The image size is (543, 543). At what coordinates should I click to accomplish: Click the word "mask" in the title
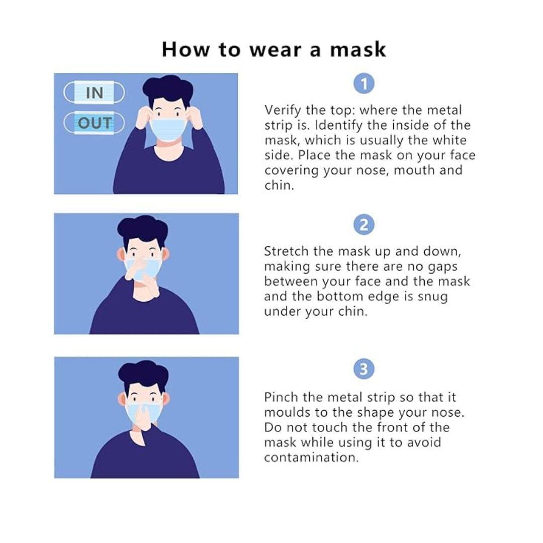(358, 50)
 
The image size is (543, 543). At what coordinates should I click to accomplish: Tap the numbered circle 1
(364, 83)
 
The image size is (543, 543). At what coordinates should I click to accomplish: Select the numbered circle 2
(364, 224)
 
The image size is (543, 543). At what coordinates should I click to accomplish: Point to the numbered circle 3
(364, 370)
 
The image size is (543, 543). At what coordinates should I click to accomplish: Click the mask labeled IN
(94, 93)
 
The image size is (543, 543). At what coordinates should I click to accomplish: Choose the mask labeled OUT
(94, 123)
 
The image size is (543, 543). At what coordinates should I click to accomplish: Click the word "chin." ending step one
(279, 186)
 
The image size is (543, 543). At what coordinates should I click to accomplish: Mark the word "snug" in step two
(432, 296)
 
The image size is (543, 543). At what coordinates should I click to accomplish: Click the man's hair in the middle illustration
(142, 228)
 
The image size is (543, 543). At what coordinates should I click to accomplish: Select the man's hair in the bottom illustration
(143, 372)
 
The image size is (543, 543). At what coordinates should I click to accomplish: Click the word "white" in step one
(450, 140)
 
